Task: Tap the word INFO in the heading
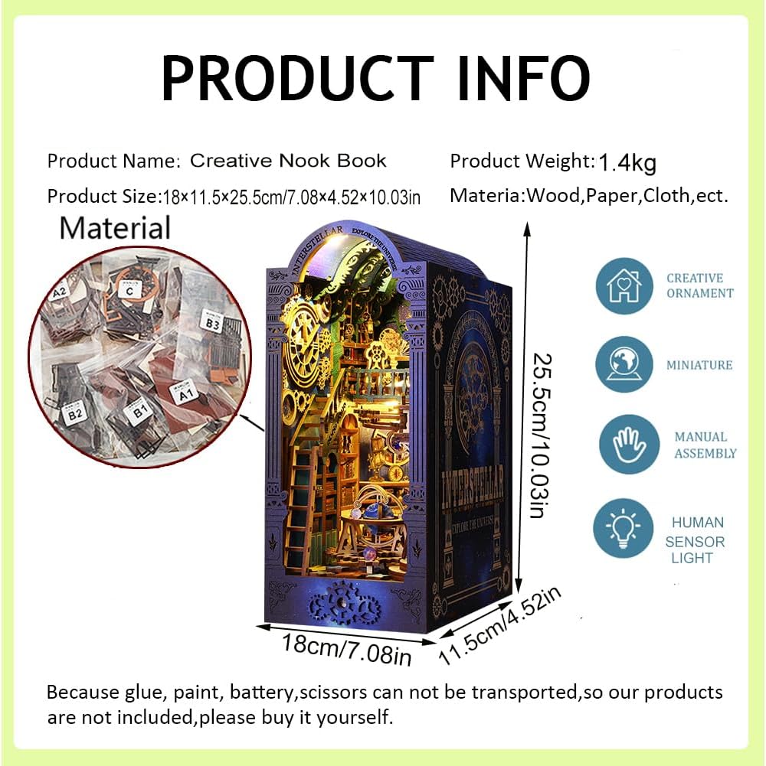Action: pos(524,78)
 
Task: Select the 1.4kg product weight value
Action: pos(627,162)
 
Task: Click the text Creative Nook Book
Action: pos(288,161)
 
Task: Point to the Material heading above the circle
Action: pos(115,228)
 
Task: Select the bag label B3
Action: pos(211,321)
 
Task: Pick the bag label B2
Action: pos(74,415)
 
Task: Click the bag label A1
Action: pos(185,396)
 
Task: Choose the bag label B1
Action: pos(140,415)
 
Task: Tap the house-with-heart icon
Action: pos(624,286)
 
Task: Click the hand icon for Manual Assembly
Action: pos(624,445)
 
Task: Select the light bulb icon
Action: pos(624,527)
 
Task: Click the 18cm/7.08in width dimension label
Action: pos(346,650)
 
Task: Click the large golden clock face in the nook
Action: pos(309,334)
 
